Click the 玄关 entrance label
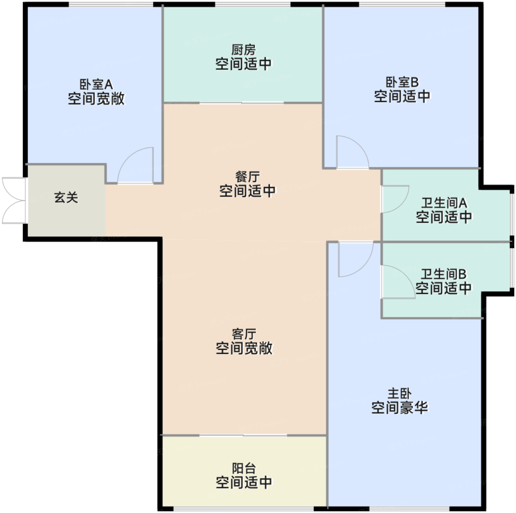66,198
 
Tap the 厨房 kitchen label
243,50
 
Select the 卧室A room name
96,85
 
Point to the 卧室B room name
402,82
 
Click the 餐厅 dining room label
247,177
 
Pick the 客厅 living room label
244,334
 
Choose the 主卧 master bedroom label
400,394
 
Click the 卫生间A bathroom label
444,203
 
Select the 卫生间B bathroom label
444,274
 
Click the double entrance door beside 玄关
14,200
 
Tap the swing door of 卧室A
136,165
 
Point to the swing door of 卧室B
352,152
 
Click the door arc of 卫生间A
395,199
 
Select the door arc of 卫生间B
398,282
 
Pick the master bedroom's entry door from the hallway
356,259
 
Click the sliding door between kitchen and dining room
241,103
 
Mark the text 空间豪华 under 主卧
400,408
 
